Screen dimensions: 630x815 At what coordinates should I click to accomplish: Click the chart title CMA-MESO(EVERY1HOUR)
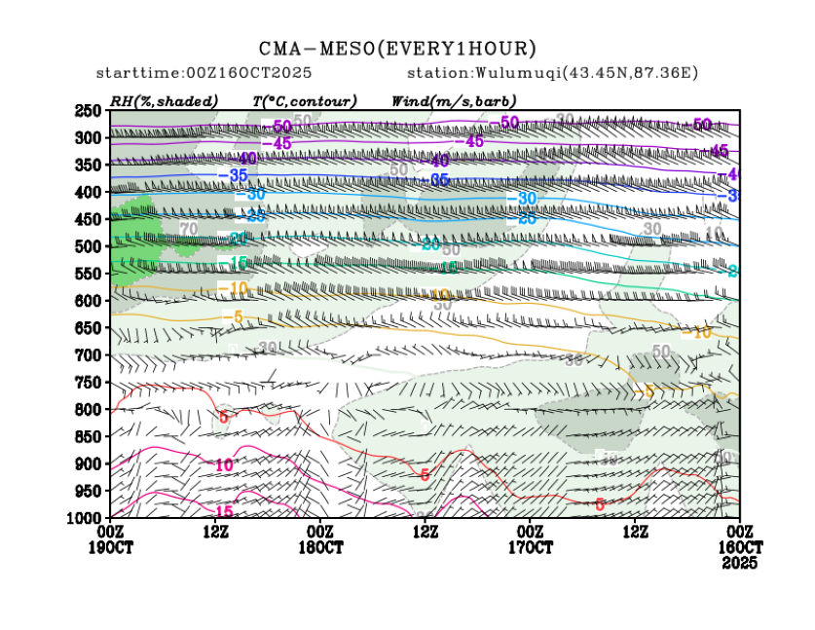397,48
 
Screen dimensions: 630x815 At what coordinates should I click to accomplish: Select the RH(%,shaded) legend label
164,101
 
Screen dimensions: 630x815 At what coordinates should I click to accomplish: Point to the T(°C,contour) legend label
304,101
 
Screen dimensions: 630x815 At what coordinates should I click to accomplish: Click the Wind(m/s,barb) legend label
454,101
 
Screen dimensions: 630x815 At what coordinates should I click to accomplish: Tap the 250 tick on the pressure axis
89,111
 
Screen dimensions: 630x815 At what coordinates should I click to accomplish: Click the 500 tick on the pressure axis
89,247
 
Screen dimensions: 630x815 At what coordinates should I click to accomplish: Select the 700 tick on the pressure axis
89,355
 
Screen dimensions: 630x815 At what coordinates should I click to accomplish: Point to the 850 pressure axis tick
89,437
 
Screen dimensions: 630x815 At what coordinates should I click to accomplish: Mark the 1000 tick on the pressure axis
86,518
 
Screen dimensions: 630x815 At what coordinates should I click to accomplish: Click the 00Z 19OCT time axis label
110,538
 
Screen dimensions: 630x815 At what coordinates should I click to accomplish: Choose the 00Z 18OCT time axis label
320,538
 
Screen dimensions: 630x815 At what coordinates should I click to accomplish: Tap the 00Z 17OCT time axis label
530,538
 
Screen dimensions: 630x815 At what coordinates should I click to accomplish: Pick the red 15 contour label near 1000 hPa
223,512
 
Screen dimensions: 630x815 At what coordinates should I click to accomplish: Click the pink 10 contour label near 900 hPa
224,465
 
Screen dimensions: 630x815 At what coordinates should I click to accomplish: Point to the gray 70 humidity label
188,229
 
